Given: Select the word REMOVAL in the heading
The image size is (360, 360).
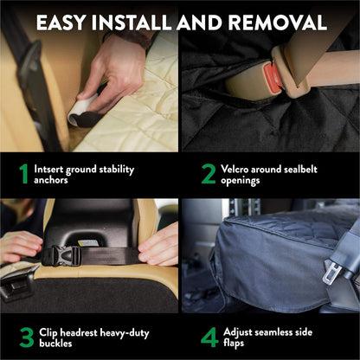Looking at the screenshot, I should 278,22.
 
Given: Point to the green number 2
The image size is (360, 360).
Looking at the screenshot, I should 209,174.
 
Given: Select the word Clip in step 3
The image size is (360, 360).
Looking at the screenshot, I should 51,331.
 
